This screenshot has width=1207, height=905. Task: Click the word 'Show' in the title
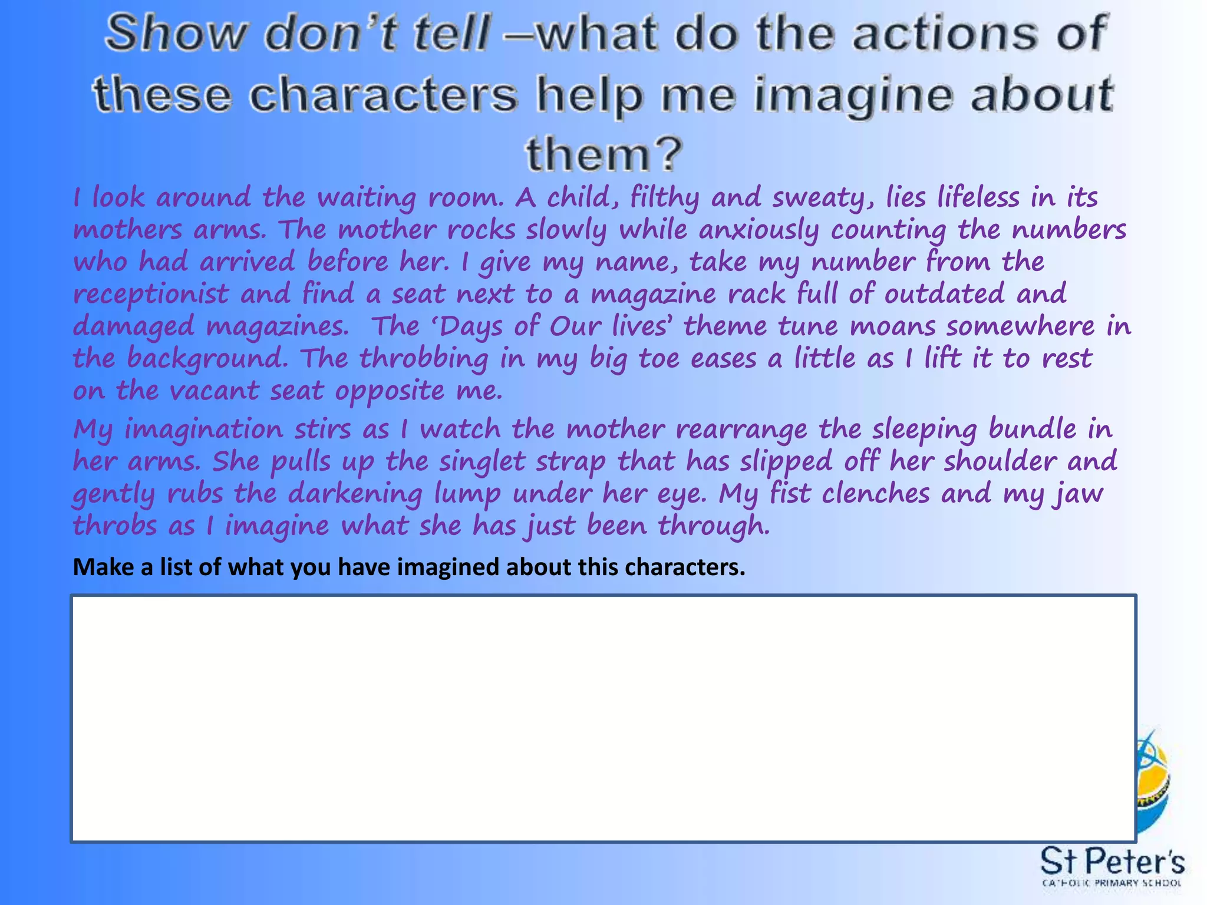[x=175, y=33]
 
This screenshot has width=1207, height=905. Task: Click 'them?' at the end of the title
[x=604, y=155]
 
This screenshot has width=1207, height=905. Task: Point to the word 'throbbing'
[x=424, y=359]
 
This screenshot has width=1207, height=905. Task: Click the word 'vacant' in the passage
[x=214, y=391]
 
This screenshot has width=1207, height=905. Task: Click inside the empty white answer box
[x=603, y=719]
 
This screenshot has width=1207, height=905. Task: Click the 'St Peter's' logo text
[x=1112, y=863]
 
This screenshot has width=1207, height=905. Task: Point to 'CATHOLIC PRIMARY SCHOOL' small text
[x=1112, y=883]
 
